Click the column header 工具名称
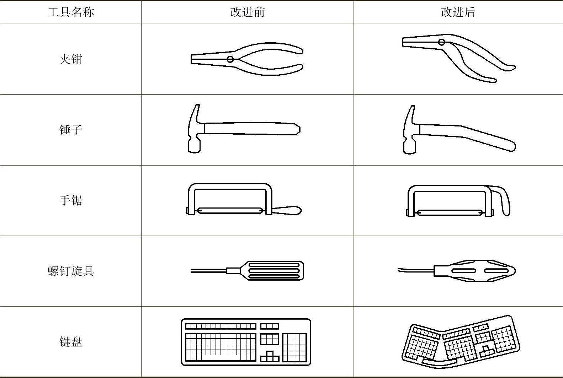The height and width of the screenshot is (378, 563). tap(71, 12)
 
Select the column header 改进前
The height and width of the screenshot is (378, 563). tap(248, 12)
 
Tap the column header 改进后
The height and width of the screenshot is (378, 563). tap(458, 12)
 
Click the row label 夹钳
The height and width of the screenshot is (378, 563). tap(71, 59)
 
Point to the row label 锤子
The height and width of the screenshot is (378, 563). tap(71, 130)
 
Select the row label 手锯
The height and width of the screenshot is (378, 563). tap(71, 200)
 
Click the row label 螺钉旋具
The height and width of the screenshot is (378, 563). tap(71, 271)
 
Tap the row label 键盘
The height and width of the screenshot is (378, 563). tap(71, 342)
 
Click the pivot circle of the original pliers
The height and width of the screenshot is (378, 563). tap(230, 59)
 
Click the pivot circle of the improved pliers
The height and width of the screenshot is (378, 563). tap(441, 42)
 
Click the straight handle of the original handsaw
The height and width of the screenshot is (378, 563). tap(287, 210)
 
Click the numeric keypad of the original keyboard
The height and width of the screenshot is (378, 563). tap(294, 348)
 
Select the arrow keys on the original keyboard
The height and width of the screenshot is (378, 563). tap(270, 356)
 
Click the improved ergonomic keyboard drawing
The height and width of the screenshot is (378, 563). tap(461, 342)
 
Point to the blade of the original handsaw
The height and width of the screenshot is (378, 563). tap(230, 210)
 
